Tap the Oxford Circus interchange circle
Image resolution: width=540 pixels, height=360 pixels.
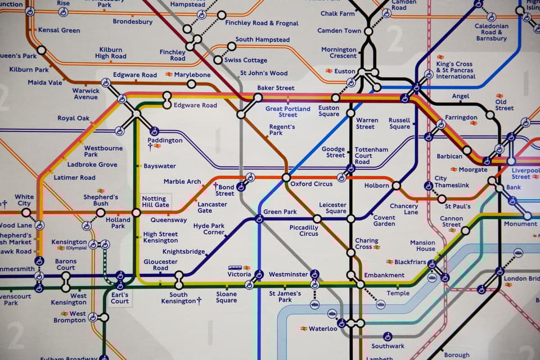click(286, 178)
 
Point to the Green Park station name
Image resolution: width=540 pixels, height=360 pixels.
click(280, 212)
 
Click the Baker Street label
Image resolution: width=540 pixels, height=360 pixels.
click(276, 88)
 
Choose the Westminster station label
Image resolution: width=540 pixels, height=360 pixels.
click(288, 274)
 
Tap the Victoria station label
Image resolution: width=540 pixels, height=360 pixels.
click(239, 274)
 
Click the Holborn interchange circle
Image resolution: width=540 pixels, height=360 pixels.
click(397, 185)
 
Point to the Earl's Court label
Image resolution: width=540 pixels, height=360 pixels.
click(119, 298)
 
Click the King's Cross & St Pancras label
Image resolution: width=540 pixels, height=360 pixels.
click(455, 70)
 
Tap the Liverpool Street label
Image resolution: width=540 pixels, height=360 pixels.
click(525, 173)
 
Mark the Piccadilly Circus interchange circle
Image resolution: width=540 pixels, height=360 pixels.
click(317, 219)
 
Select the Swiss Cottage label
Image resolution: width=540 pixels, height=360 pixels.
click(246, 60)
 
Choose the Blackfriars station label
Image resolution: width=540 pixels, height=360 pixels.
click(409, 262)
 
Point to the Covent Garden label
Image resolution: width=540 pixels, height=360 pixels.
click(384, 220)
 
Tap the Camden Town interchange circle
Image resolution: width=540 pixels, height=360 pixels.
click(368, 31)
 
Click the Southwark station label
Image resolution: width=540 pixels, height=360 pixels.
click(388, 346)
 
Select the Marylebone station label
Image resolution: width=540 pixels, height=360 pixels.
click(192, 74)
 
